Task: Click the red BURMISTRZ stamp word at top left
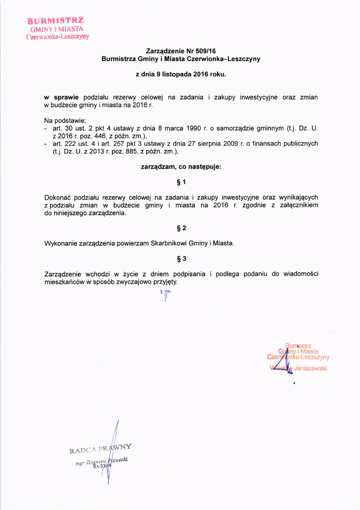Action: click(55, 21)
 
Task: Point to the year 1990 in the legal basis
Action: click(192, 128)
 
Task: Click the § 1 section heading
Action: click(181, 182)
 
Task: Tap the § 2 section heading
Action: click(181, 229)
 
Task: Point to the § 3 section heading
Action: click(181, 259)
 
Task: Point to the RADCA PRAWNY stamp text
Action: click(100, 449)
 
